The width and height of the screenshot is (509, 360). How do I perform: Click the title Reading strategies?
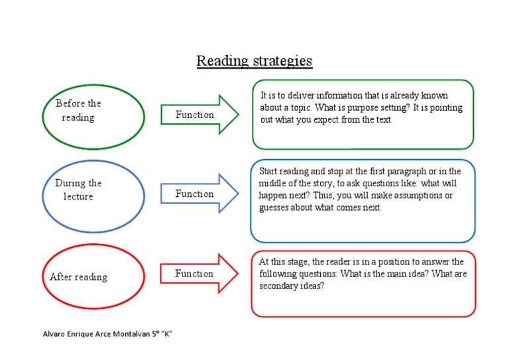click(254, 61)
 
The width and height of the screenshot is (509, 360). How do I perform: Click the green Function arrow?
click(199, 115)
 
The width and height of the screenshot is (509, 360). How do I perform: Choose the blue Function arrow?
click(199, 194)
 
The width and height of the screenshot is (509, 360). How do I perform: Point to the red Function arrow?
click(199, 274)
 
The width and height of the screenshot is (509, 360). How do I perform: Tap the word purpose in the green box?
click(352, 108)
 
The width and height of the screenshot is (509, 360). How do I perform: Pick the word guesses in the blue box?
click(274, 208)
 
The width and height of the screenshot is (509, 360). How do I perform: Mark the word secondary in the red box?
click(277, 286)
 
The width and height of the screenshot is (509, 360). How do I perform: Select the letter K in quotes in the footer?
click(166, 334)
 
